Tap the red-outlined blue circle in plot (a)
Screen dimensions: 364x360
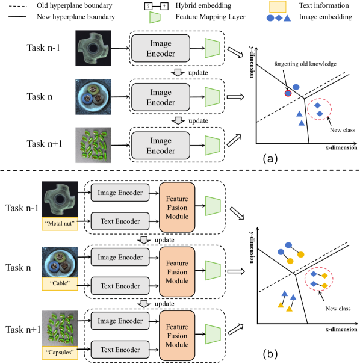(288, 92)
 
